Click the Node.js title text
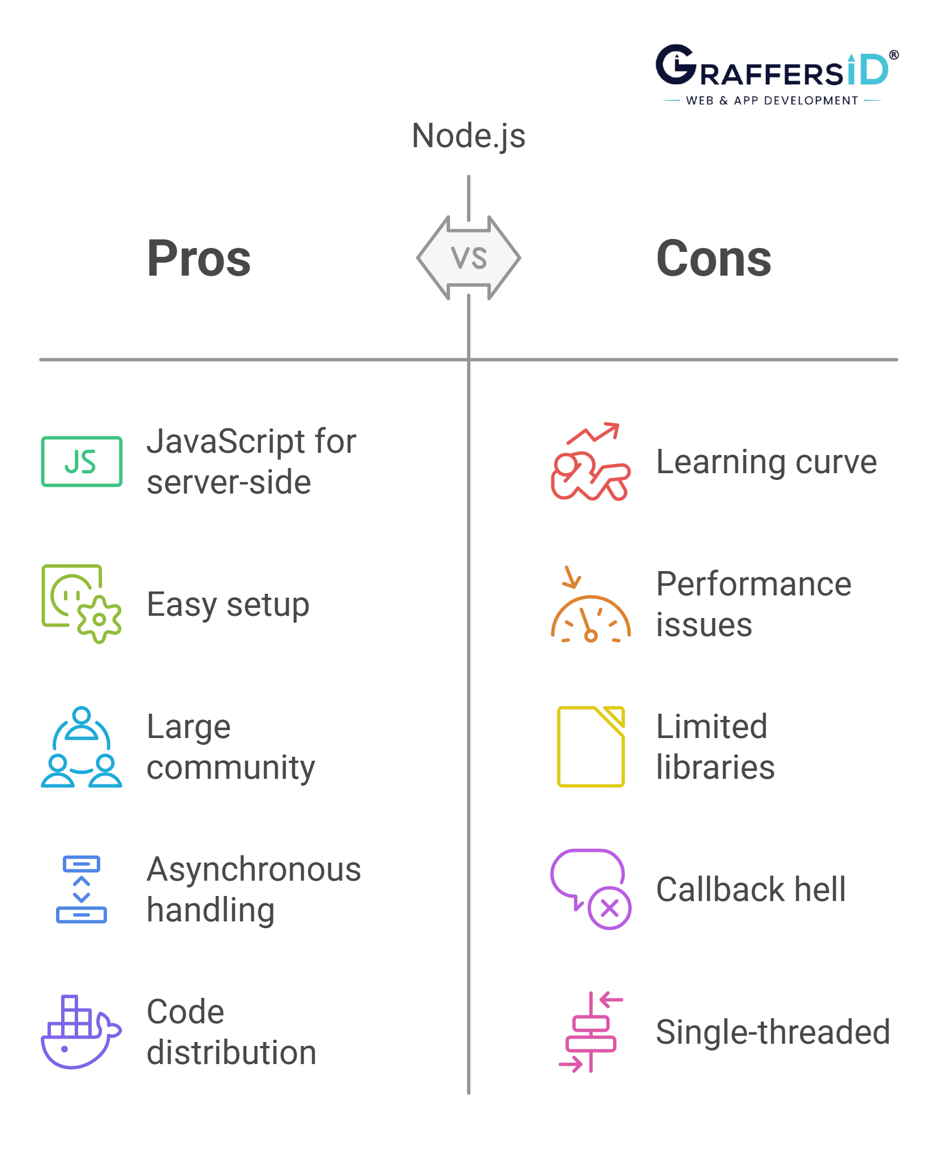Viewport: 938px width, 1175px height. point(468,138)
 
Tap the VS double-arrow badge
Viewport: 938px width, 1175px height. point(469,258)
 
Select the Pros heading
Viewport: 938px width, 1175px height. point(198,258)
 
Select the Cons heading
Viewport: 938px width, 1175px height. point(714,258)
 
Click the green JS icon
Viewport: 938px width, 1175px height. point(83,462)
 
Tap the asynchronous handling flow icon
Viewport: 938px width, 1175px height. point(82,889)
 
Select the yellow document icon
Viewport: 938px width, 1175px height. point(591,746)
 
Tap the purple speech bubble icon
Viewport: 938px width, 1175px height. point(590,889)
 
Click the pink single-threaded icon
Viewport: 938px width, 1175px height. point(590,1031)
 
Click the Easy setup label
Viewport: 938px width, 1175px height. point(228,604)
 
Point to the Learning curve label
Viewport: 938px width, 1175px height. point(767,462)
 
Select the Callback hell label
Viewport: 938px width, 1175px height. point(751,889)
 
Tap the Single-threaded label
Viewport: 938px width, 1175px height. point(773,1031)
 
